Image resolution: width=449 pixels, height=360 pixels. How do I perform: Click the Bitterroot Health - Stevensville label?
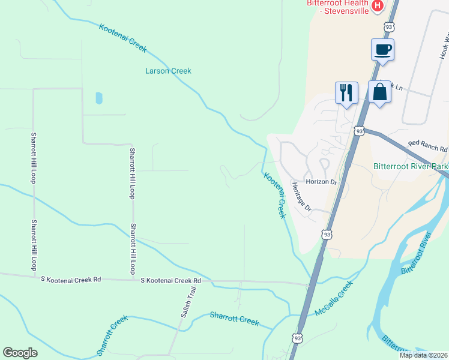coord(337,7)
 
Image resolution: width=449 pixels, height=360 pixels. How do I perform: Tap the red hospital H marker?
coord(378,6)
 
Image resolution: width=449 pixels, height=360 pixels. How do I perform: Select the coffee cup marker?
coord(382,49)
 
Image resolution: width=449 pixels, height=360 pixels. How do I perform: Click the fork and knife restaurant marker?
coord(346,93)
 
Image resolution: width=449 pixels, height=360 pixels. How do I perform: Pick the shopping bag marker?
coord(379,93)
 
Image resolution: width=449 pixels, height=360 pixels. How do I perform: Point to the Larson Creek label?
coord(168,71)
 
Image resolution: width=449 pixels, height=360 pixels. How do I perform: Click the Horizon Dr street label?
coord(322,182)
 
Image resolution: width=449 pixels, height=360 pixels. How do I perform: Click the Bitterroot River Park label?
coord(411,166)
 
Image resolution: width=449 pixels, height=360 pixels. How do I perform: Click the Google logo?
coord(20,353)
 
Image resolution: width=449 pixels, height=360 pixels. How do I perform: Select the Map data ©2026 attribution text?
coord(423,355)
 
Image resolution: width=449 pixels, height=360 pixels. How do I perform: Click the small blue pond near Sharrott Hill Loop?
coord(98,98)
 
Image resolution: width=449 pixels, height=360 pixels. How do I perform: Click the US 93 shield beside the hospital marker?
coord(390,27)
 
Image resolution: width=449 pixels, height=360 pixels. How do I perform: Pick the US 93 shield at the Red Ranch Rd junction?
coord(359,131)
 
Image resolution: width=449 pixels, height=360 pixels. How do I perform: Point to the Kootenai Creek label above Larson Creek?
coord(122,38)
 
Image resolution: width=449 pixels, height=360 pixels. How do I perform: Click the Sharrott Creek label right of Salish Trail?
coord(234,319)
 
